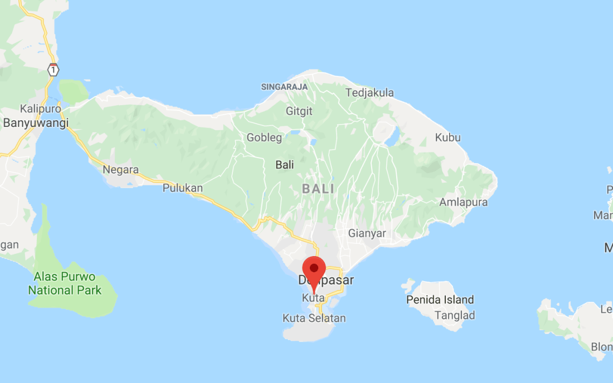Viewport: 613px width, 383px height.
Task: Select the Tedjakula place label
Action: pyautogui.click(x=369, y=93)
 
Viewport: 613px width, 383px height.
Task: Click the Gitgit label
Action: pyautogui.click(x=299, y=111)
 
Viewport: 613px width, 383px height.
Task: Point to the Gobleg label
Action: pyautogui.click(x=264, y=138)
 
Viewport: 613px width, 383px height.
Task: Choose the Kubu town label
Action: pyautogui.click(x=448, y=138)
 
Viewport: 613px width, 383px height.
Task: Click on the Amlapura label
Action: pyautogui.click(x=463, y=202)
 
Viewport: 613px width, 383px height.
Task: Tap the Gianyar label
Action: pyautogui.click(x=367, y=233)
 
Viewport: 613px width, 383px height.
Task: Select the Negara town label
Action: pyautogui.click(x=120, y=170)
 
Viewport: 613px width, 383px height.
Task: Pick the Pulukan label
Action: pyautogui.click(x=183, y=188)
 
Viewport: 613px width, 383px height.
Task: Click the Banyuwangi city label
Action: pyautogui.click(x=35, y=122)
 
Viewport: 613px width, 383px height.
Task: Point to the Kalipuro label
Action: pyautogui.click(x=40, y=109)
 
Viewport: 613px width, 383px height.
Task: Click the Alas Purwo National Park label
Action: pyautogui.click(x=65, y=283)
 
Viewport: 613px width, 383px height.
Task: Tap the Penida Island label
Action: pyautogui.click(x=440, y=300)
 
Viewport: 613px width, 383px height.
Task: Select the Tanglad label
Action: pyautogui.click(x=455, y=316)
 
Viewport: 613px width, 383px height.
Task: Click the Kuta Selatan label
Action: pyautogui.click(x=314, y=318)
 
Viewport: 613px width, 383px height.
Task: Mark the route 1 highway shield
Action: pyautogui.click(x=53, y=70)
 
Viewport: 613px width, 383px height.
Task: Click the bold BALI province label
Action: pyautogui.click(x=318, y=189)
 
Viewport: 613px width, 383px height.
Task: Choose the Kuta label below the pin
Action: pyautogui.click(x=313, y=298)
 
